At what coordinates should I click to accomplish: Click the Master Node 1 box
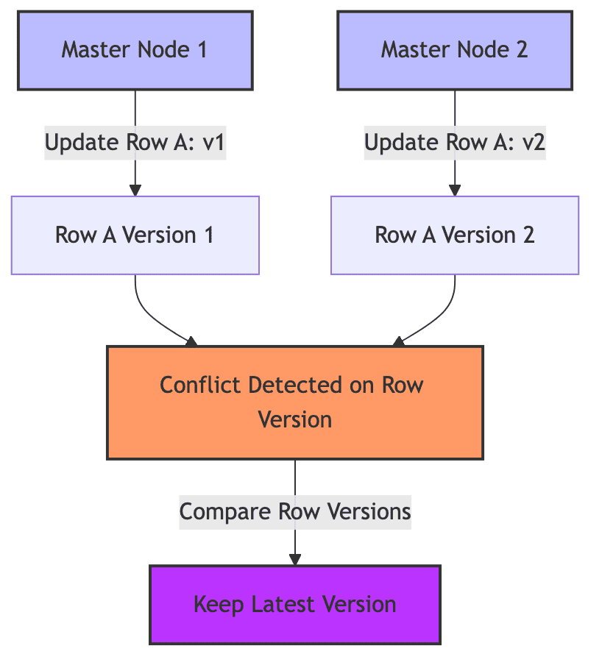coord(135,50)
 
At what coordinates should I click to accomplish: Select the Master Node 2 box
coord(455,50)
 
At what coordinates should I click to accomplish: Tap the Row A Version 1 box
coord(135,235)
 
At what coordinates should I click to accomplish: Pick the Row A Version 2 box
coord(455,235)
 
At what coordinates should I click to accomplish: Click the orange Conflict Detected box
coord(294,402)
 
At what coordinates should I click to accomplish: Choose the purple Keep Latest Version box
coord(294,604)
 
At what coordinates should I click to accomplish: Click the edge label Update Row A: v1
coord(135,142)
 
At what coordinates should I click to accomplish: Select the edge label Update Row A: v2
coord(455,142)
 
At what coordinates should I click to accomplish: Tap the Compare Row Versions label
coord(294,511)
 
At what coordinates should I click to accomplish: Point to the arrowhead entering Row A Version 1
coord(135,190)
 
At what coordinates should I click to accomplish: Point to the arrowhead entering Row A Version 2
coord(455,190)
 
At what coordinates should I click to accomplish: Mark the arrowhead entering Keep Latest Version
coord(294,559)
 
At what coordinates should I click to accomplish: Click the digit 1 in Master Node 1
coord(201,50)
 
